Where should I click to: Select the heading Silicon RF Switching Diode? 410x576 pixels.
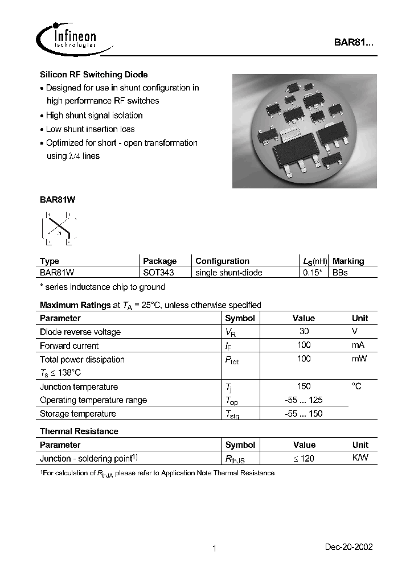[93, 75]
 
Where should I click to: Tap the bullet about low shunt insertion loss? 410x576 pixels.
[90, 129]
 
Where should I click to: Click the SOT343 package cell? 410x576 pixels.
[158, 273]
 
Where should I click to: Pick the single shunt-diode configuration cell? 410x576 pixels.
[228, 273]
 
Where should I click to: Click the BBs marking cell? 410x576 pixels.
[340, 273]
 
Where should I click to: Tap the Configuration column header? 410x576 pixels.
[222, 261]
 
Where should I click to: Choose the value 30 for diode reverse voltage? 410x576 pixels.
[304, 331]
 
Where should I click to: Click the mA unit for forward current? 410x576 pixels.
[358, 345]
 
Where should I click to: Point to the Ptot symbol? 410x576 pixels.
[232, 360]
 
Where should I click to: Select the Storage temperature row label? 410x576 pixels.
[77, 414]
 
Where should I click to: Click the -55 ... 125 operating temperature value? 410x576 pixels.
[304, 400]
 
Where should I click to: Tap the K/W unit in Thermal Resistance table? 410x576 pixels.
[360, 458]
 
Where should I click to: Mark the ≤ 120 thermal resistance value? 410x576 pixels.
[304, 459]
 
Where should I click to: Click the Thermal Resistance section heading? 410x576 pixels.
[79, 431]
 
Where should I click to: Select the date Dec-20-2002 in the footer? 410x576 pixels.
[348, 547]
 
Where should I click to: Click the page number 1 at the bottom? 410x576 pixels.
[214, 549]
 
